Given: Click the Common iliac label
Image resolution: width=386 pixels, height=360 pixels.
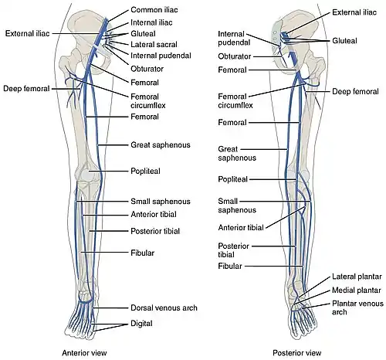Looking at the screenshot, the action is [x=154, y=10].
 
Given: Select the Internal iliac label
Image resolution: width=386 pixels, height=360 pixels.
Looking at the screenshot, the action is [x=151, y=22].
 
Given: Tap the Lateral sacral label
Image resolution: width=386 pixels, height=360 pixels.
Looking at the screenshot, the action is [x=154, y=44].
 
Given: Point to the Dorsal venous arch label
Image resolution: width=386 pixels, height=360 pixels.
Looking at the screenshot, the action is [x=164, y=307].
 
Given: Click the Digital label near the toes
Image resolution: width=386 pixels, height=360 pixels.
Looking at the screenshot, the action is [x=141, y=324].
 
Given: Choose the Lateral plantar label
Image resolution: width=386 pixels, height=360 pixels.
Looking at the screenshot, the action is [x=357, y=277].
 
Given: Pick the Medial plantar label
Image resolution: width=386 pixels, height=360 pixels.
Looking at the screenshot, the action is [x=357, y=290].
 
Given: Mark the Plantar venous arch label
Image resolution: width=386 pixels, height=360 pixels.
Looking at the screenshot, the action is [x=357, y=307].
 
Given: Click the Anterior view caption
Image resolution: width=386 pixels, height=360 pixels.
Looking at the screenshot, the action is [x=84, y=352].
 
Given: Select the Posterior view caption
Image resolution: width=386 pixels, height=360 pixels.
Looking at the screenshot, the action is [x=297, y=352].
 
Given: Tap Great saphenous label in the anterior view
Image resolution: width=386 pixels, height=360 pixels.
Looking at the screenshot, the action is [x=161, y=144].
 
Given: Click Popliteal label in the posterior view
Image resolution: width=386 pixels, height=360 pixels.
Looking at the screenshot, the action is [x=232, y=179].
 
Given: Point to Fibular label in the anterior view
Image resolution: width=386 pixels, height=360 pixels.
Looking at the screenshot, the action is [x=142, y=253].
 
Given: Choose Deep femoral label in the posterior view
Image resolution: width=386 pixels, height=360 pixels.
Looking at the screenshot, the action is [x=355, y=91].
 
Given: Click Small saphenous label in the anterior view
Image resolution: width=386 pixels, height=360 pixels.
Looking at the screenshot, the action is [x=161, y=201].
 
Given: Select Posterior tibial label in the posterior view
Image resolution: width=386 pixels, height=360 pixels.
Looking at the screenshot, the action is [x=233, y=250].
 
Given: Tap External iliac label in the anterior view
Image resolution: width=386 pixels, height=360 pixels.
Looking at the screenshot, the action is [x=27, y=33].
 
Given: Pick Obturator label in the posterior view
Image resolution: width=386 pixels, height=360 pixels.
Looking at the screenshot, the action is [x=235, y=56].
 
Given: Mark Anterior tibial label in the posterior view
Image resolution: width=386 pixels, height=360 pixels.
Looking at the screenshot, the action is [x=241, y=227].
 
